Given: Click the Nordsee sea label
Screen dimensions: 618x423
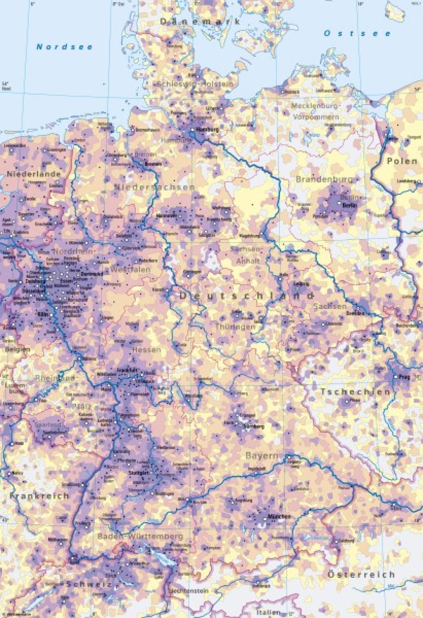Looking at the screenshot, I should (x=64, y=47).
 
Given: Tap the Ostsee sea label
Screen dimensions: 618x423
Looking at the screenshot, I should (x=357, y=33).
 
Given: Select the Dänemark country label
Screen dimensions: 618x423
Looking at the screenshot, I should (x=200, y=22).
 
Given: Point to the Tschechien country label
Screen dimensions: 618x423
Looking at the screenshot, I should (x=355, y=392).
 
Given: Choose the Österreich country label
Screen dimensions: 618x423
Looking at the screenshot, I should (x=361, y=574).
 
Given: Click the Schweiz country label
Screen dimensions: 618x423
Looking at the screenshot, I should (x=89, y=584).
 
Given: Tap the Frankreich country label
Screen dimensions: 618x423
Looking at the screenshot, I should (x=40, y=496).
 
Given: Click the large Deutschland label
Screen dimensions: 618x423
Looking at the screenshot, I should (x=247, y=296).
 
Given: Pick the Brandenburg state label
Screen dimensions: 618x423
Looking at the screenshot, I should (x=324, y=179).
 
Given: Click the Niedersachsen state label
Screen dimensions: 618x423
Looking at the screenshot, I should (x=155, y=187).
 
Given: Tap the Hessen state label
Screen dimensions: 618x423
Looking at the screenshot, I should (x=146, y=350).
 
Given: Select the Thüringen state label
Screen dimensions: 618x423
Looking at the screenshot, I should (x=235, y=327).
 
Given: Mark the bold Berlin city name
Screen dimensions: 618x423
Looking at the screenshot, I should (x=349, y=205).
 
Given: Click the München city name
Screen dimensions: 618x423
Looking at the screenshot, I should (x=279, y=517).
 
